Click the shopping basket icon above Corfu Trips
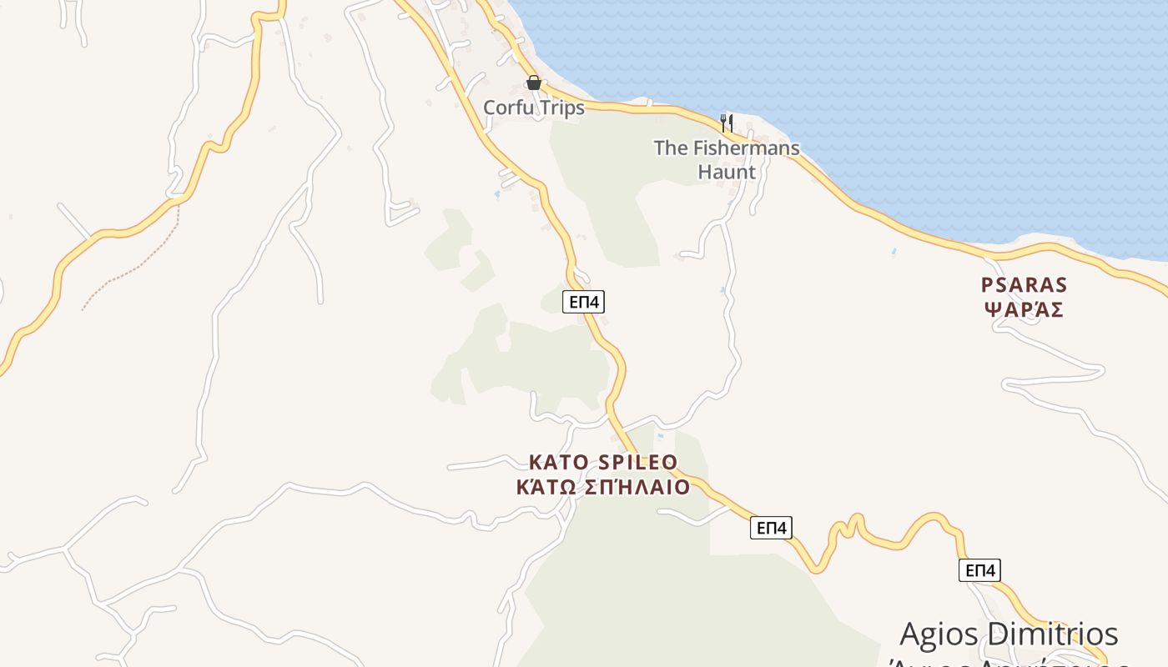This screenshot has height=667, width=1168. (x=534, y=83)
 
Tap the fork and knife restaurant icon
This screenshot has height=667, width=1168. (x=727, y=123)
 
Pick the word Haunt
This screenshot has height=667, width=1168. (x=727, y=173)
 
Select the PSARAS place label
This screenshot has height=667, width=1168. (x=1024, y=285)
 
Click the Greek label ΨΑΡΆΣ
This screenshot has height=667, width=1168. (x=1024, y=309)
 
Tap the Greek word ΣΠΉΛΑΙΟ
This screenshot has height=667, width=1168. (x=637, y=487)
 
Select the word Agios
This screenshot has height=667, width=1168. (x=938, y=634)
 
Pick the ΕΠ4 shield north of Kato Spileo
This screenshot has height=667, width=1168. (x=583, y=302)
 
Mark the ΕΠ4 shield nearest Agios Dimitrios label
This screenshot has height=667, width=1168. (x=979, y=570)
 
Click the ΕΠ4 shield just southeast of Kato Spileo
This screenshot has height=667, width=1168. (x=771, y=528)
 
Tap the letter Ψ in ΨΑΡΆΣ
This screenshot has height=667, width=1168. (x=993, y=309)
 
